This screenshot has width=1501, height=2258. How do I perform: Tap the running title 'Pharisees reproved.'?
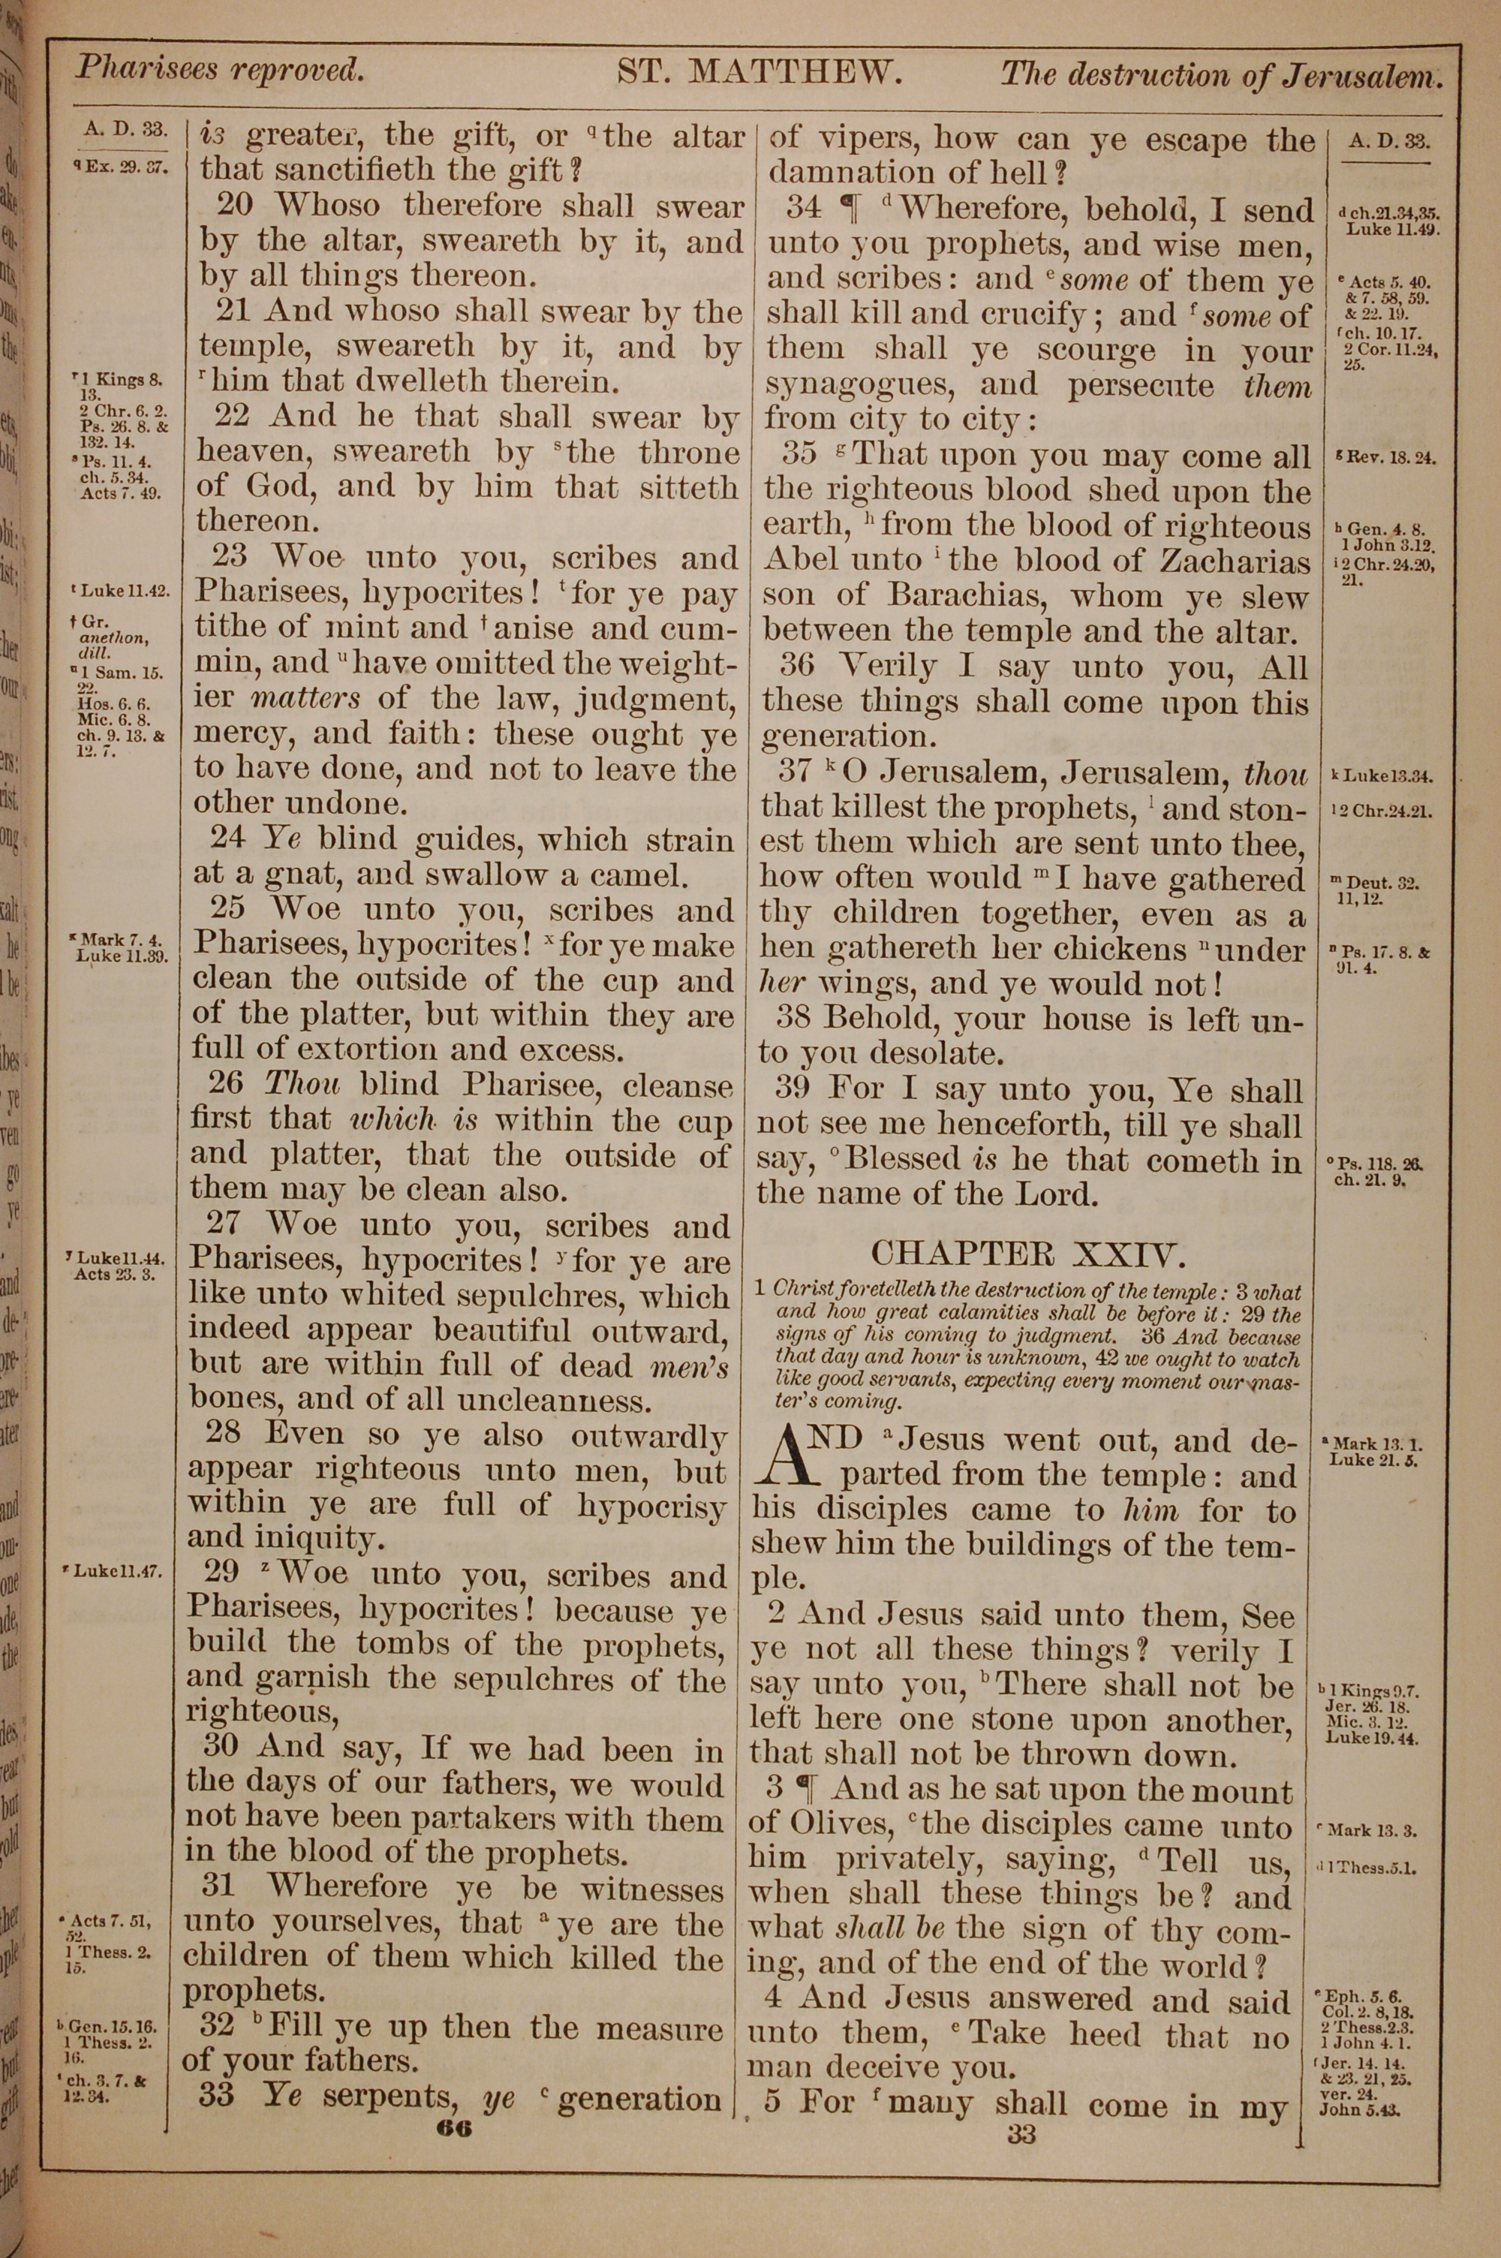click(x=219, y=69)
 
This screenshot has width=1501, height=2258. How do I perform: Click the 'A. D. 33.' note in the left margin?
click(x=125, y=129)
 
